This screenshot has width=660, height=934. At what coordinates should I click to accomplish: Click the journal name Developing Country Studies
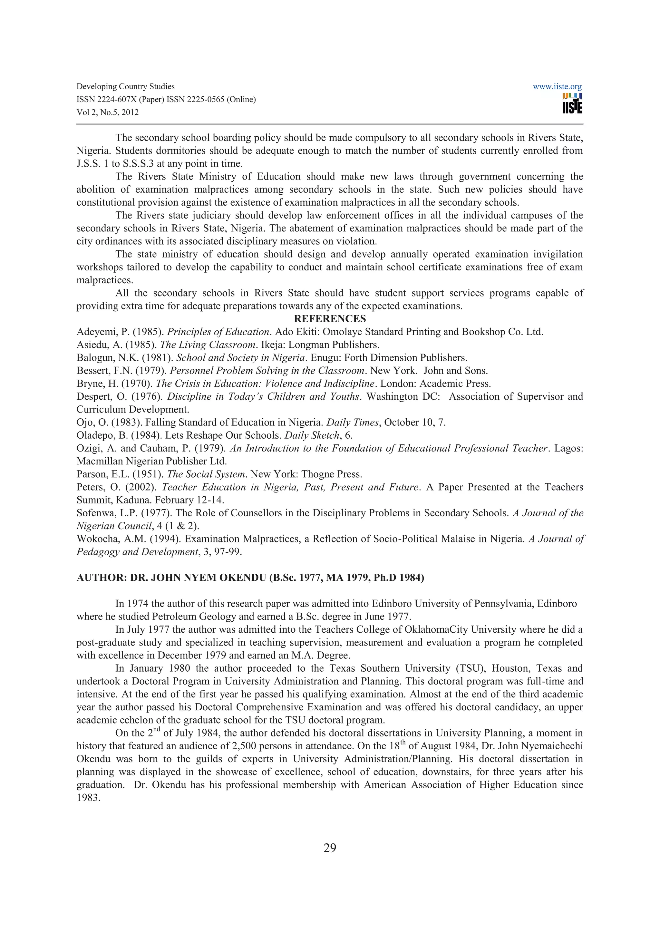(x=126, y=87)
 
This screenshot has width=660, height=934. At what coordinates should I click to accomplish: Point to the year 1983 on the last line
(x=88, y=798)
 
